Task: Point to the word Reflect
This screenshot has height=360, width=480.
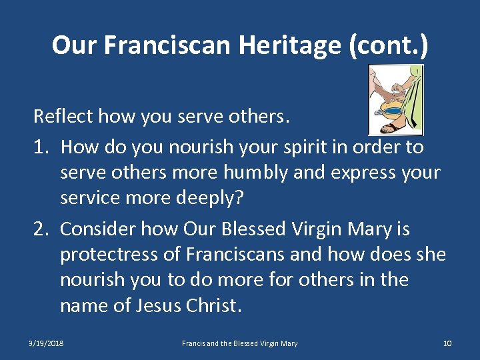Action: (63, 117)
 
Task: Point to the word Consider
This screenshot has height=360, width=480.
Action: (100, 229)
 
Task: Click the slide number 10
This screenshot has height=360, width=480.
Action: (447, 343)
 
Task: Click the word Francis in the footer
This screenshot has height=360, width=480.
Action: (194, 343)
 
